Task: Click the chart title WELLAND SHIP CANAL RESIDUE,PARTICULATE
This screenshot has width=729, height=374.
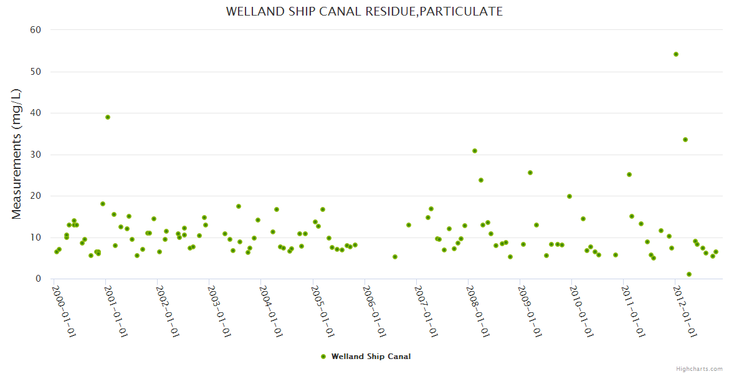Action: click(364, 11)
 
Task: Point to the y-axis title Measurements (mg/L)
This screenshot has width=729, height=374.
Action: click(17, 154)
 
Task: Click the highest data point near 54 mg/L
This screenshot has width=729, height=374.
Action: click(676, 54)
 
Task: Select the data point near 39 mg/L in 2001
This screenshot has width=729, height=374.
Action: click(108, 117)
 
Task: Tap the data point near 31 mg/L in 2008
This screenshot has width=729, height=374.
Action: click(475, 151)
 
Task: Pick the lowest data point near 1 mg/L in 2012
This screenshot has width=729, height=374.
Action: click(689, 274)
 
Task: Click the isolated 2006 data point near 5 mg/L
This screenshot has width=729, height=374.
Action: click(395, 257)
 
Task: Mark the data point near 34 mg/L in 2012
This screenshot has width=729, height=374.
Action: click(685, 140)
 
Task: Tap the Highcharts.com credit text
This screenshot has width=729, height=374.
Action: click(699, 369)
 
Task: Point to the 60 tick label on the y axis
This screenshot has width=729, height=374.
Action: click(36, 30)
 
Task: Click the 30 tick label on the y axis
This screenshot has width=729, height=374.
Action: click(36, 155)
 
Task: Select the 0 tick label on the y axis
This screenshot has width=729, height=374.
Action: click(38, 279)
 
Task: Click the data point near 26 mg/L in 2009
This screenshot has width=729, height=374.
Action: click(530, 173)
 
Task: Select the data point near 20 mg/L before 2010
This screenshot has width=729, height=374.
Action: click(569, 196)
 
